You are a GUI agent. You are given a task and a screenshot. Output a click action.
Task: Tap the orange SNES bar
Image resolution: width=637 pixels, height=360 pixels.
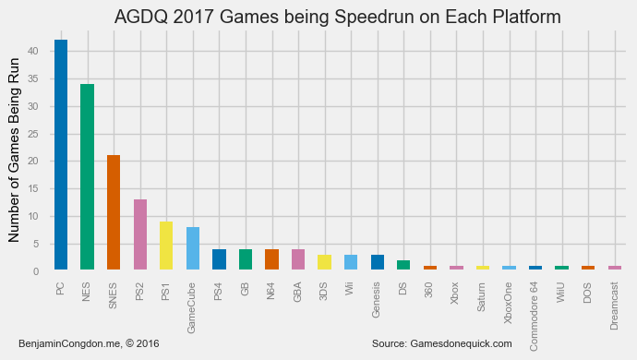tap(114, 212)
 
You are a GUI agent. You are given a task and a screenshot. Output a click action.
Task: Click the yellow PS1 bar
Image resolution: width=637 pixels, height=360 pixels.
tap(166, 246)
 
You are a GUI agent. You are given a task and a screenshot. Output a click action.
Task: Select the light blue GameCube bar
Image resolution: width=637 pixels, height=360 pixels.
tap(193, 248)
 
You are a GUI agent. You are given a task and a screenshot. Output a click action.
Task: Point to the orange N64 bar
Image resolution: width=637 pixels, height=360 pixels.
tap(271, 259)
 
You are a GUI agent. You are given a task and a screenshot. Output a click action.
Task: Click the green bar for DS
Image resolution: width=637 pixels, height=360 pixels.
tap(403, 265)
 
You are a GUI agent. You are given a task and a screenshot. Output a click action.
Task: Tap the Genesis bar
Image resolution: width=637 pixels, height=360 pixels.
tap(378, 262)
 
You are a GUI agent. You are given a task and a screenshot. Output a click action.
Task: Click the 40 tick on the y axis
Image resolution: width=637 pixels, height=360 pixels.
tap(32, 52)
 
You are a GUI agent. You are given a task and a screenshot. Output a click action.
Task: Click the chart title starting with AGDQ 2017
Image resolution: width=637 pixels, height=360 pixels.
tap(337, 18)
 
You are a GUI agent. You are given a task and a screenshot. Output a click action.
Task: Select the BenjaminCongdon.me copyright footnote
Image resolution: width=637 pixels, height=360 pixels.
tap(89, 343)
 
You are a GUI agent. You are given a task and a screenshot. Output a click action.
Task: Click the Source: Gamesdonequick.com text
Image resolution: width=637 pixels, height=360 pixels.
tap(441, 343)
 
